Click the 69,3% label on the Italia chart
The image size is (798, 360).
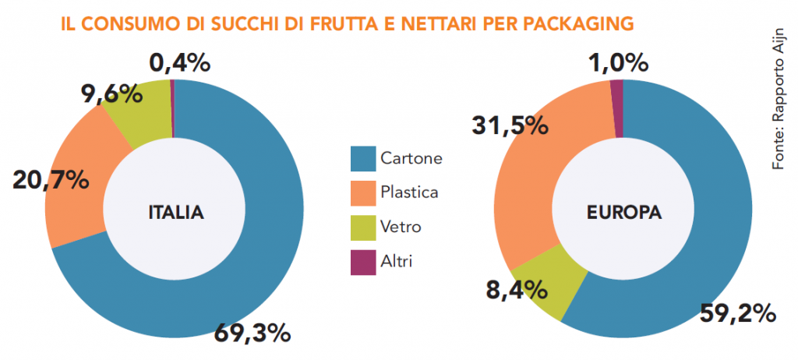(252, 334)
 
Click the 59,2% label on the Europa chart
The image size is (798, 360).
(736, 313)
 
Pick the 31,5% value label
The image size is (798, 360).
(509, 125)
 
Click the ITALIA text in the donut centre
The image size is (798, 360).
(175, 212)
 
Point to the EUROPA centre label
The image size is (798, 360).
(624, 212)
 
